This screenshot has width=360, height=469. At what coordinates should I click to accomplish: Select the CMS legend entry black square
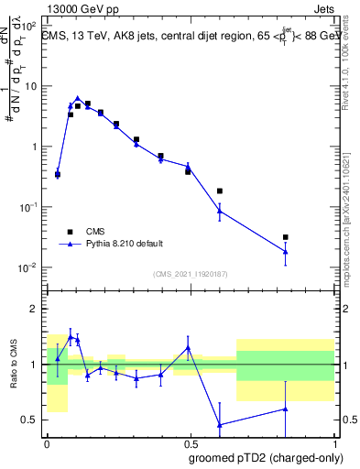[x=70, y=232]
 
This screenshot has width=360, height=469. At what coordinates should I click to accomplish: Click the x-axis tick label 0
[x=47, y=443]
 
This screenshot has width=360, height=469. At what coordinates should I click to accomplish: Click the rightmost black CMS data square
[x=286, y=237]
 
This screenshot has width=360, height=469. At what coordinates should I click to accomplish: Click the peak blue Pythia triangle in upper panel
[x=78, y=98]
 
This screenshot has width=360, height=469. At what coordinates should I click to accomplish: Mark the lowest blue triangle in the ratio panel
[x=220, y=424]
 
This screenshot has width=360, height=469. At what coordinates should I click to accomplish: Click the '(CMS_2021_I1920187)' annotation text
[x=191, y=273]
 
